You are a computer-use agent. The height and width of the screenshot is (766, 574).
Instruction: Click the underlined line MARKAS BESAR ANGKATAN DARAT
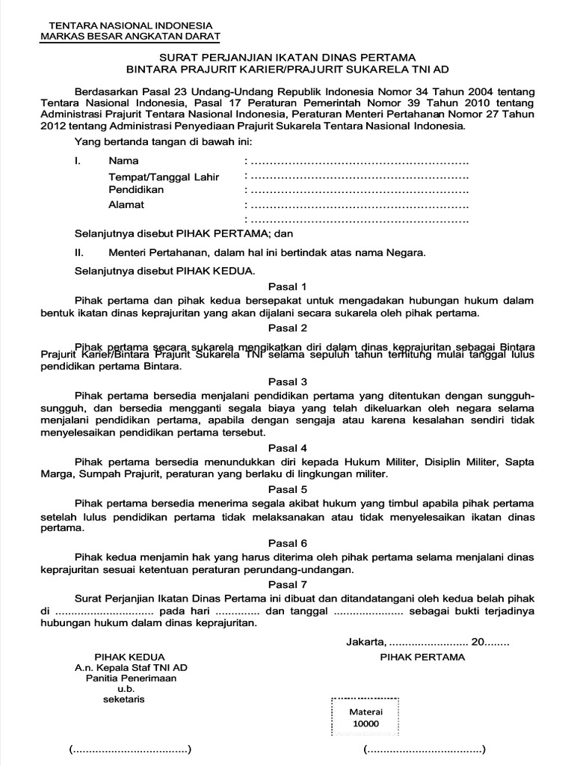130,36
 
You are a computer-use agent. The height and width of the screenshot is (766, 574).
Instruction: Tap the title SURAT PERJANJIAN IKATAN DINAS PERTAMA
288,57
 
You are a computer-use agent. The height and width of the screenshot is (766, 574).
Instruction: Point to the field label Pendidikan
136,190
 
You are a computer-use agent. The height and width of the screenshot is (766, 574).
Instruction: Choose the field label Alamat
126,205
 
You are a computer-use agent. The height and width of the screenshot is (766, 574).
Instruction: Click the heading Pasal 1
288,287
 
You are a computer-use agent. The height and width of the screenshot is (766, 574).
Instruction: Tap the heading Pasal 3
288,382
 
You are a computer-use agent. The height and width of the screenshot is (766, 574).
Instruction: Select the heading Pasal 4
288,448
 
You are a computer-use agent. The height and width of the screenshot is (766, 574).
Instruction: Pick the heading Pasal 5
288,489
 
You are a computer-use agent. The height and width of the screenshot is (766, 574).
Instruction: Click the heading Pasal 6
288,543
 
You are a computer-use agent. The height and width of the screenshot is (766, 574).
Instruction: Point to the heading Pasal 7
288,584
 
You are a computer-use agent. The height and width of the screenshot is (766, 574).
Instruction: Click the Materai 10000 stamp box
365,718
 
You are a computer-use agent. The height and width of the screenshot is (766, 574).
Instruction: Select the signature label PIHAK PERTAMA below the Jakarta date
422,657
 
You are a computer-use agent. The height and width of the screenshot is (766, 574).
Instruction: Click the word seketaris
124,699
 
